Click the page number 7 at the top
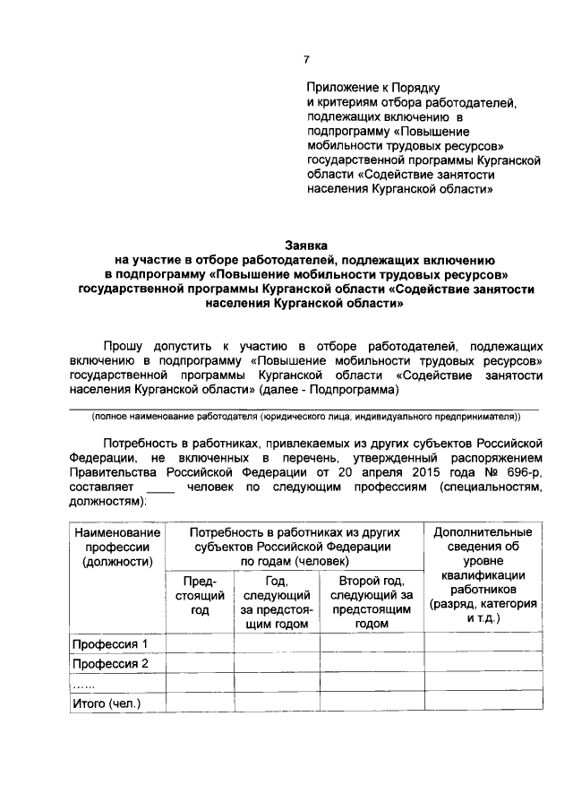(305, 59)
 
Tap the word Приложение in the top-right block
(342, 88)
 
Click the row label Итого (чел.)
(107, 703)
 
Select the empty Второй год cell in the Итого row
(372, 703)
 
